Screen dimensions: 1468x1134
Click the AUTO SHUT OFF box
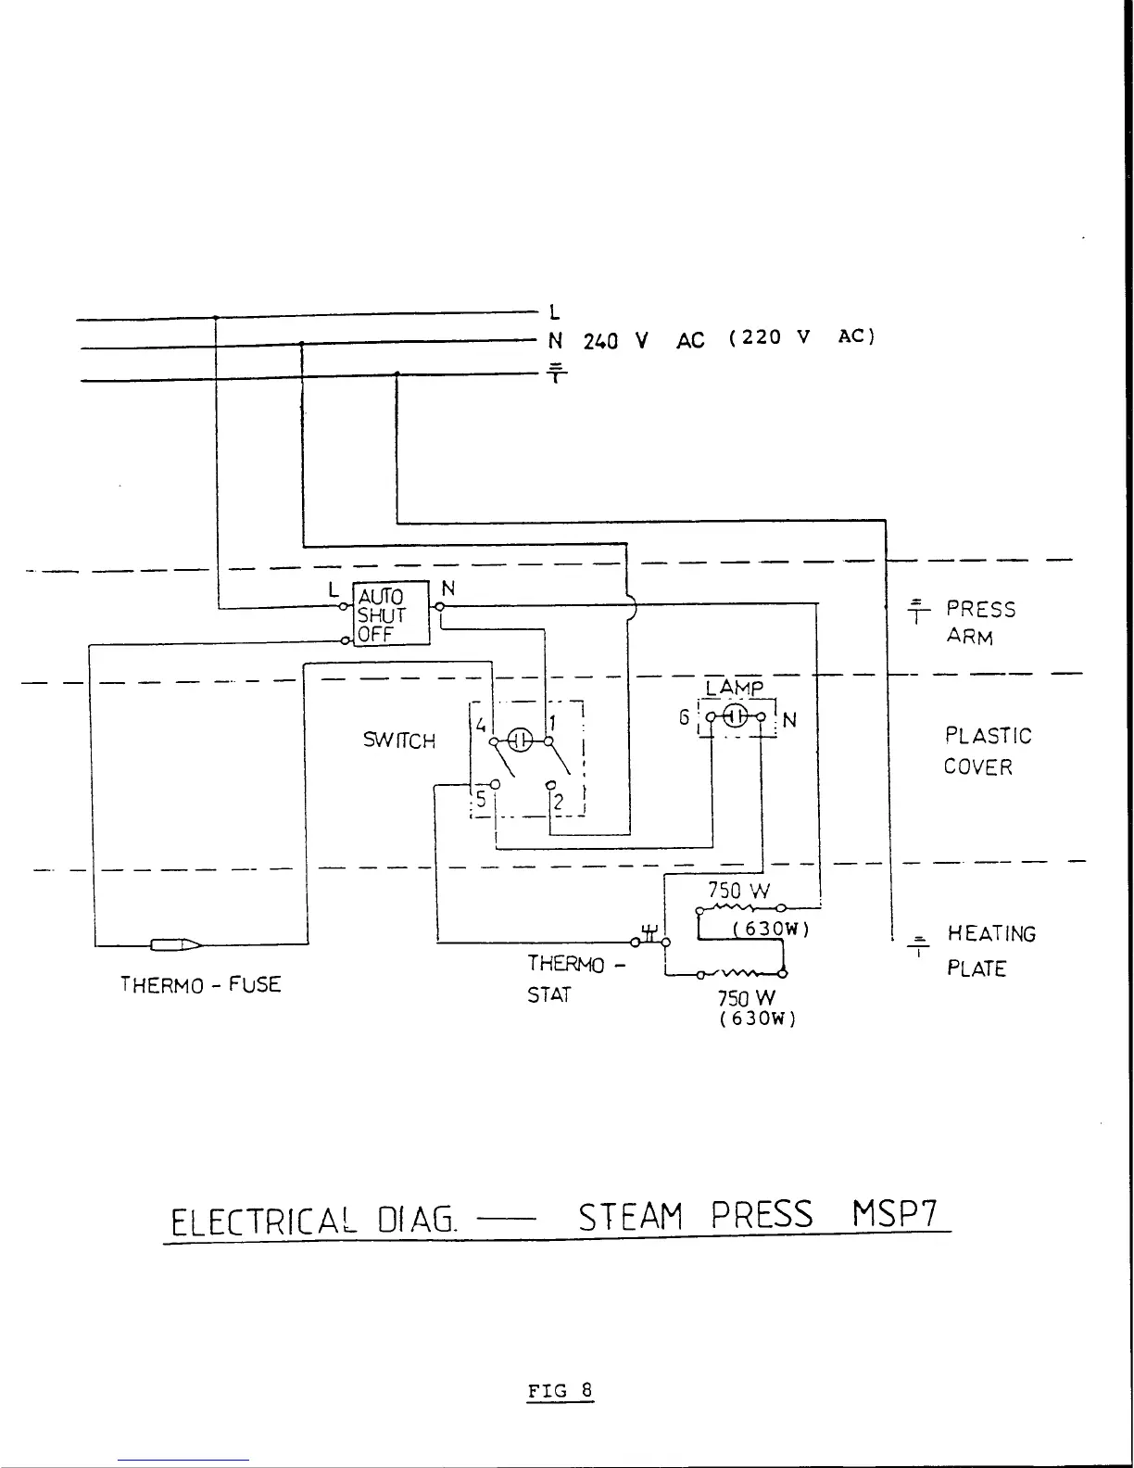pos(392,614)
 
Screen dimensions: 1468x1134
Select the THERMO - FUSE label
pos(200,984)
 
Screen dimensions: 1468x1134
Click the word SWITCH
pos(399,740)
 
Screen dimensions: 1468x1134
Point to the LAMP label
pos(734,689)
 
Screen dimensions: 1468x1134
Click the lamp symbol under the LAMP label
pos(736,716)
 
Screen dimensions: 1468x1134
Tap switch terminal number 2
pos(559,803)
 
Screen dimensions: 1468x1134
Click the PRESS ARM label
pos(980,623)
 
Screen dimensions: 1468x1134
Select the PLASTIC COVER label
pos(988,751)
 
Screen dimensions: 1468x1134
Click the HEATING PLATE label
pos(990,951)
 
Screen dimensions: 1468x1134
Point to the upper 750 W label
pos(739,891)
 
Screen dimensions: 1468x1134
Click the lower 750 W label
pos(746,998)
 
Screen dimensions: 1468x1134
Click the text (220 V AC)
pos(801,336)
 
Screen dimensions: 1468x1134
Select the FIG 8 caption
pos(560,1391)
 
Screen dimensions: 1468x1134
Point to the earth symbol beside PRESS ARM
pos(917,610)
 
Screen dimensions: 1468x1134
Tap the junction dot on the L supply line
pos(216,317)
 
